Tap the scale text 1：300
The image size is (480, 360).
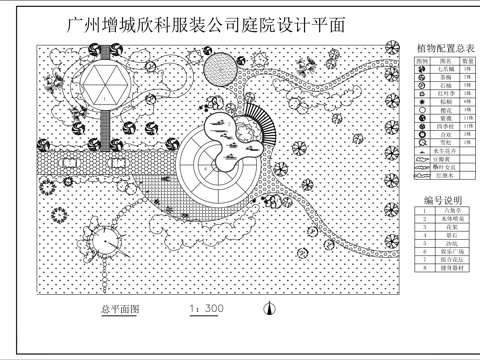tap(205, 309)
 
